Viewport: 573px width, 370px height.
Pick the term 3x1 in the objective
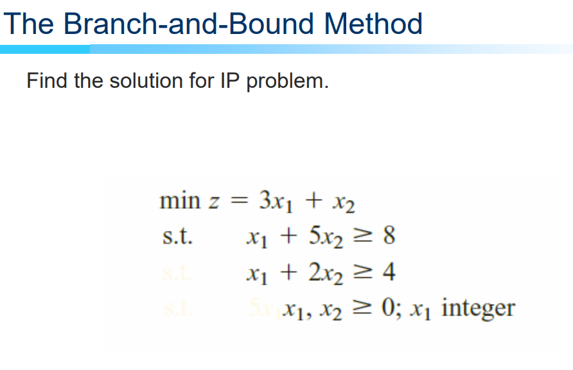pos(274,201)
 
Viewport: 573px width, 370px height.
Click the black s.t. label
pos(176,237)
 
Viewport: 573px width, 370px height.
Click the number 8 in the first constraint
pos(389,237)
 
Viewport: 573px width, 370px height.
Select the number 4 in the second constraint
pos(389,273)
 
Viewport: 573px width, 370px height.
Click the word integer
pos(478,309)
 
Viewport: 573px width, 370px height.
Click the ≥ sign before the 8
pos(364,237)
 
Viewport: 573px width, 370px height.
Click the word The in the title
pos(30,24)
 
